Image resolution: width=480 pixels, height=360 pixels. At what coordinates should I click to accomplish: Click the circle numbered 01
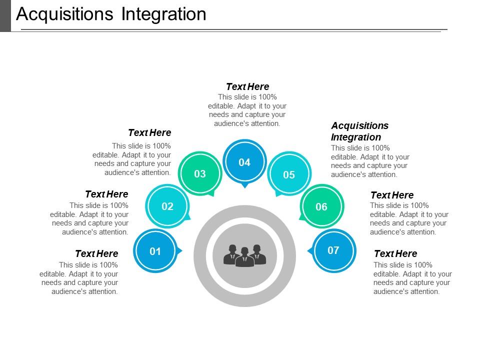click(x=155, y=251)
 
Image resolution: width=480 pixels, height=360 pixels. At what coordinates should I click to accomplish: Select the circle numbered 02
click(x=167, y=206)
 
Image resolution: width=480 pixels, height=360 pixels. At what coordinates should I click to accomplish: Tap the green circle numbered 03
click(x=200, y=173)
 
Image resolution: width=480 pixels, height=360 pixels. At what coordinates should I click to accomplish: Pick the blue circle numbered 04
click(x=244, y=162)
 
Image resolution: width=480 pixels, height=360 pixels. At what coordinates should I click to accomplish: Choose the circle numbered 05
click(x=289, y=174)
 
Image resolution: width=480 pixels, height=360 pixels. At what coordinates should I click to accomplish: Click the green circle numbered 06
click(x=321, y=206)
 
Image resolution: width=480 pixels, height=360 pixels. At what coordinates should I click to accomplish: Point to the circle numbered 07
click(x=333, y=250)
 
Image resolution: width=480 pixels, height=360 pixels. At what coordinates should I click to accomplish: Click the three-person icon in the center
click(x=244, y=255)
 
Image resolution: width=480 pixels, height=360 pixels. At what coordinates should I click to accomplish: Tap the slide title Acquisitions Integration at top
click(x=111, y=14)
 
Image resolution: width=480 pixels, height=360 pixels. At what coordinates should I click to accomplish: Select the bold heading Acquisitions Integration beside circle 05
click(x=359, y=131)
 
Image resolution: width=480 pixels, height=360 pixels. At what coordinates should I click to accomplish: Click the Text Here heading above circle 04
click(x=247, y=86)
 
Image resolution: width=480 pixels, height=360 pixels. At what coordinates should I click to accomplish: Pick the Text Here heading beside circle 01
click(x=96, y=253)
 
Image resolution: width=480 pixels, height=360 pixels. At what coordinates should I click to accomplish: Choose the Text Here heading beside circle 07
click(x=395, y=253)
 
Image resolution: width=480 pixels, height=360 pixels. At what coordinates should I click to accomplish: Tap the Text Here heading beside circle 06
click(x=392, y=195)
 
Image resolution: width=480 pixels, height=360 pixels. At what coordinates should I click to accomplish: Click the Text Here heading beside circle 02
click(x=106, y=194)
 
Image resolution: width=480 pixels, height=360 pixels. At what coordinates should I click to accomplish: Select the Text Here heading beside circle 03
click(x=149, y=132)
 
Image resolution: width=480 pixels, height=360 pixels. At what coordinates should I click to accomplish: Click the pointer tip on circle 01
click(x=180, y=250)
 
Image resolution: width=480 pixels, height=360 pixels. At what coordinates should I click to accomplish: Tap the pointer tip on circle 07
click(x=308, y=250)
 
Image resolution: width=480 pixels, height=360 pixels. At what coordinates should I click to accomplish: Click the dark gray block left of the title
click(x=5, y=15)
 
